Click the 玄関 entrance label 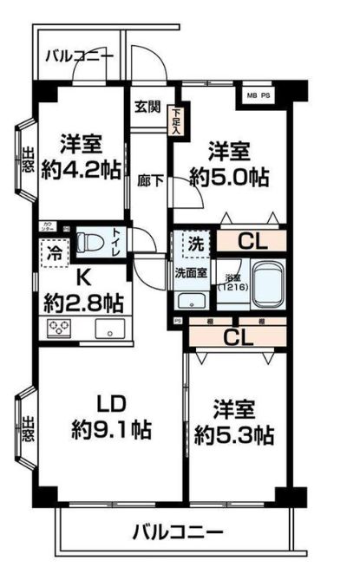147,107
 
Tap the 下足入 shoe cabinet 176,116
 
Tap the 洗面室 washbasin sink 189,300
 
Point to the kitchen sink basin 108,328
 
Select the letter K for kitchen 84,278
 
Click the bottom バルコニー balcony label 178,531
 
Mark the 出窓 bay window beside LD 27,427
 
